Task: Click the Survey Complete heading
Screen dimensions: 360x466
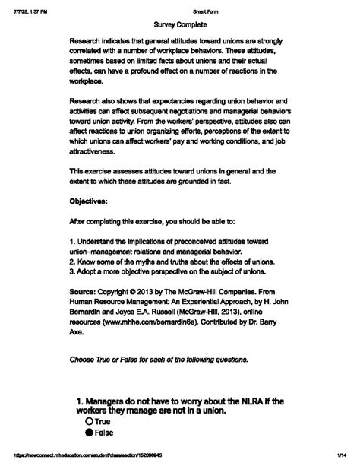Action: (180, 24)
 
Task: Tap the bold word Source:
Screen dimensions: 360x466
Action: (85, 290)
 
